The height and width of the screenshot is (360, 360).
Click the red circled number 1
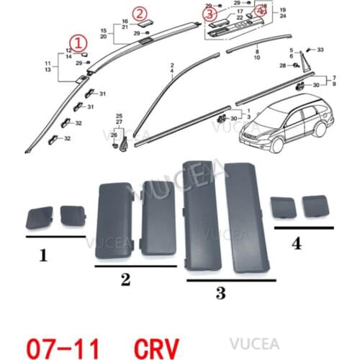pyautogui.click(x=76, y=40)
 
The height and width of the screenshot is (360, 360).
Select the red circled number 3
pyautogui.click(x=210, y=13)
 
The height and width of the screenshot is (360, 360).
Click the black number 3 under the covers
pyautogui.click(x=221, y=292)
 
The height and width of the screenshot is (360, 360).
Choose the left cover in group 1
pyautogui.click(x=41, y=216)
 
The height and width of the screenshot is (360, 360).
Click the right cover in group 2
pyautogui.click(x=160, y=217)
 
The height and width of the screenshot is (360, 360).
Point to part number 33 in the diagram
pyautogui.click(x=320, y=49)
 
